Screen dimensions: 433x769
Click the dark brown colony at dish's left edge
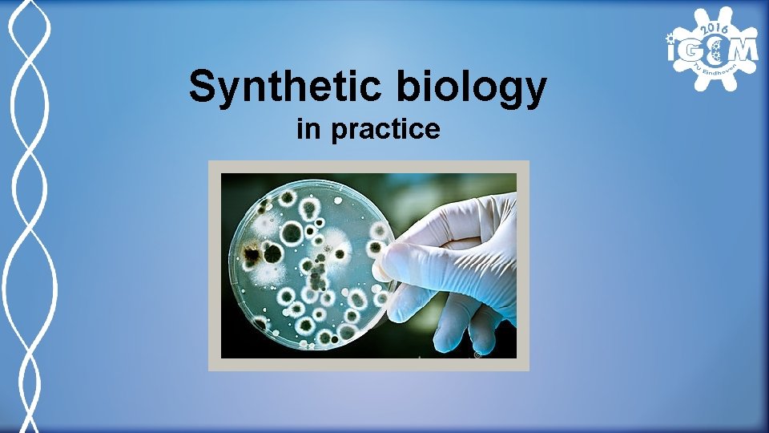click(252, 256)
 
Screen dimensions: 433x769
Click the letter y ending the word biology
click(534, 92)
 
